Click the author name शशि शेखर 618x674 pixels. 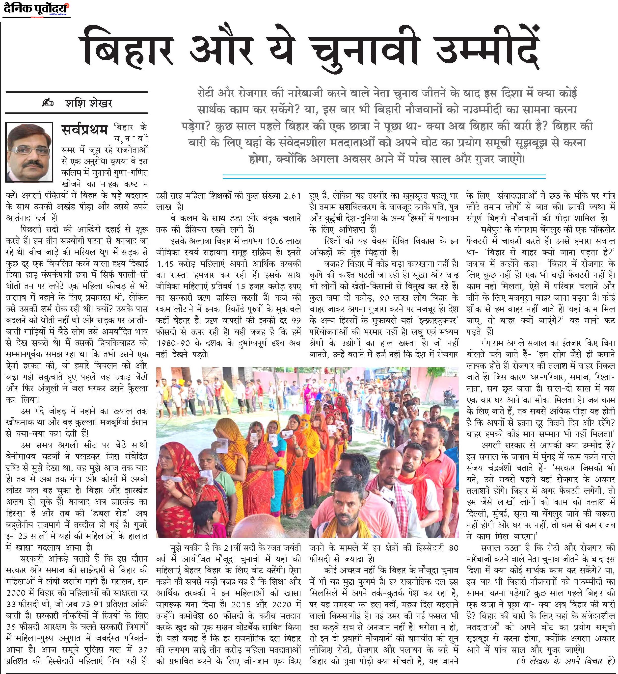pyautogui.click(x=89, y=103)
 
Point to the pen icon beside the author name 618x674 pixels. pyautogui.click(x=49, y=103)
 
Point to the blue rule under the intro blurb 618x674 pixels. pyautogui.click(x=384, y=175)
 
